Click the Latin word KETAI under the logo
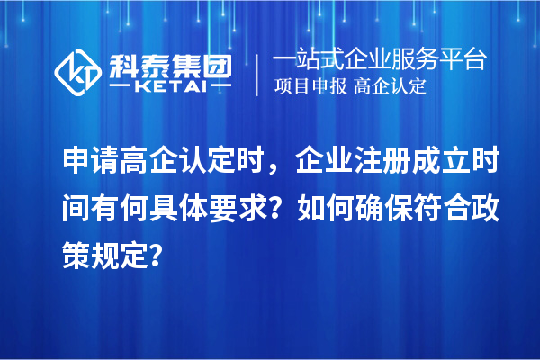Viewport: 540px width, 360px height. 169,87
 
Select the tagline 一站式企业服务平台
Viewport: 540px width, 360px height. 379,59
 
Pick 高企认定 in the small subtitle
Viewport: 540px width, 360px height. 391,87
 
